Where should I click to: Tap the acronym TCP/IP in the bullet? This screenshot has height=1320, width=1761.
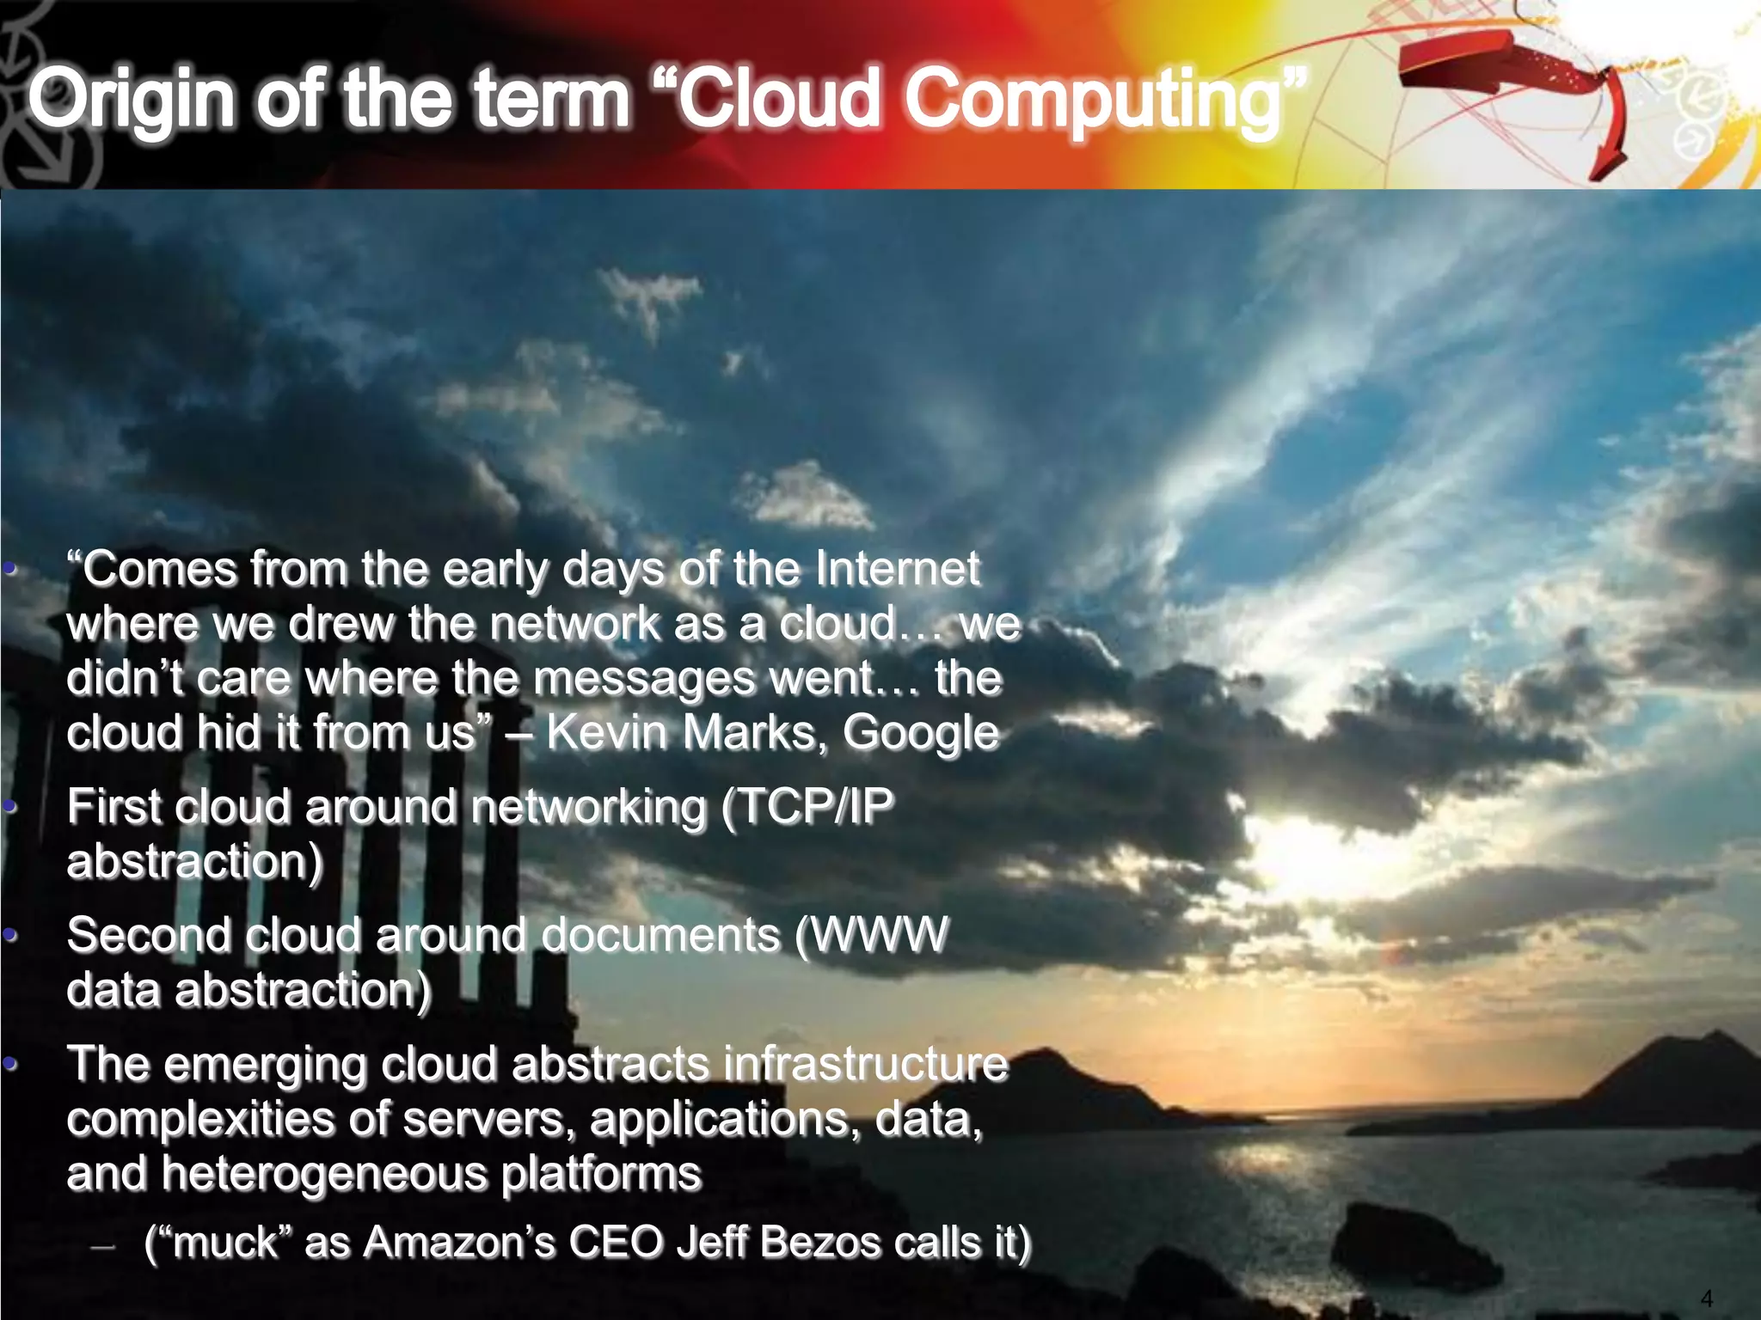807,808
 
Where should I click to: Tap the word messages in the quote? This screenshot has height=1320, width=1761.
644,679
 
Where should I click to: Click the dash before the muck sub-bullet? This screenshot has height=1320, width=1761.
102,1244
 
